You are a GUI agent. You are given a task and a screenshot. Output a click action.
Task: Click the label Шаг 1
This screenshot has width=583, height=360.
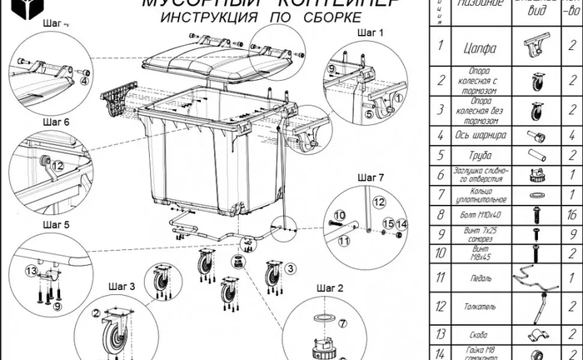[x=370, y=32]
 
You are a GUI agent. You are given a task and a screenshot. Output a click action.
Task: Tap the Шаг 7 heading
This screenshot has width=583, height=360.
[x=370, y=177]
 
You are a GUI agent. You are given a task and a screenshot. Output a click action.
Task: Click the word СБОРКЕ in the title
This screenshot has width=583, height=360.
[x=319, y=17]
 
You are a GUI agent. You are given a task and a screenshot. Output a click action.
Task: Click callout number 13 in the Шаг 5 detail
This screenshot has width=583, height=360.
[x=32, y=271]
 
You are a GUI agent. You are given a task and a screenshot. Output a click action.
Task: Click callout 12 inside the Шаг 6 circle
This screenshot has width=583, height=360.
[x=57, y=166]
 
